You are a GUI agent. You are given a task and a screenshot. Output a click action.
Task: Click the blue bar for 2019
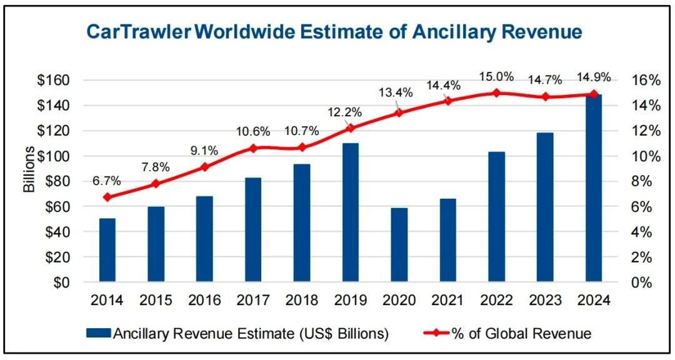(351, 212)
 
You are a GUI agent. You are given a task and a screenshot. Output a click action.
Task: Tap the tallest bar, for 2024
(594, 188)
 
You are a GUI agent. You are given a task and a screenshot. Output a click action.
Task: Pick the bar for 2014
(107, 250)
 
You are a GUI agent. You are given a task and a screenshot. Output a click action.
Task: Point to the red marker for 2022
(496, 93)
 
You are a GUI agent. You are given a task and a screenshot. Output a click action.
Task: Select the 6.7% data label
(107, 181)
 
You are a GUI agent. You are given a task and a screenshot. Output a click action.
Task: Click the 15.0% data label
(496, 77)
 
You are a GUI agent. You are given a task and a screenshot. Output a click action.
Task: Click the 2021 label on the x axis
(447, 301)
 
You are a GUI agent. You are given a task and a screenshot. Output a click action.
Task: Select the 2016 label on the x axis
(204, 301)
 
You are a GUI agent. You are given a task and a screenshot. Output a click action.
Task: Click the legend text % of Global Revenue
(529, 333)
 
